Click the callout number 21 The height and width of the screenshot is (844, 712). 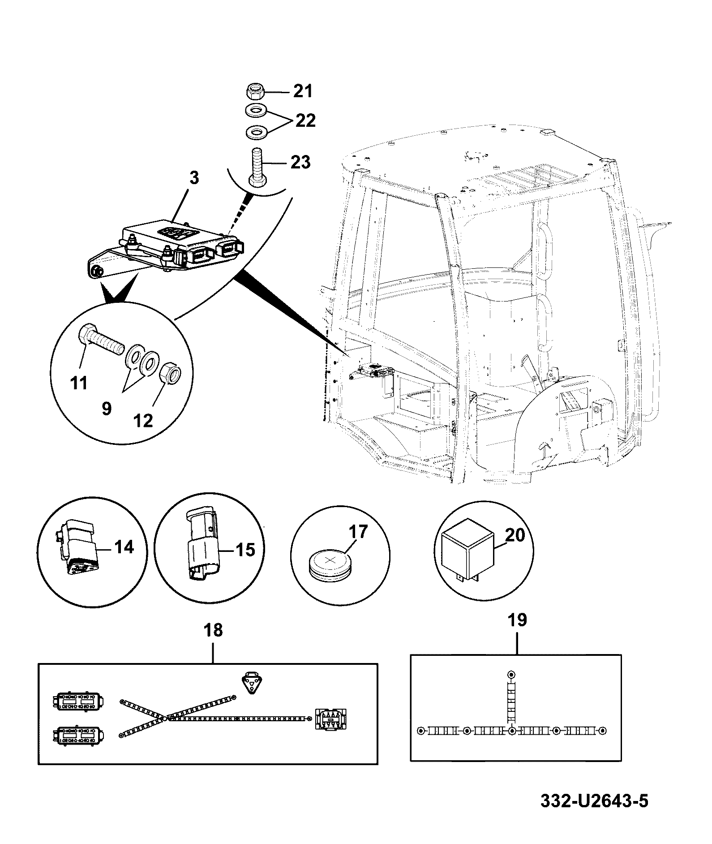point(303,91)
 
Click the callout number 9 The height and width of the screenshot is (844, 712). point(107,409)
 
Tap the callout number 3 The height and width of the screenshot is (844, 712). point(193,178)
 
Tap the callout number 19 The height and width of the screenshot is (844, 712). point(518,620)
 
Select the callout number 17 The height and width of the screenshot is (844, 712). point(358,532)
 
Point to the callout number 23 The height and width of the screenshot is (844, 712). point(300,162)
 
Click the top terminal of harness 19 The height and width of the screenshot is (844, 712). point(511,675)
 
